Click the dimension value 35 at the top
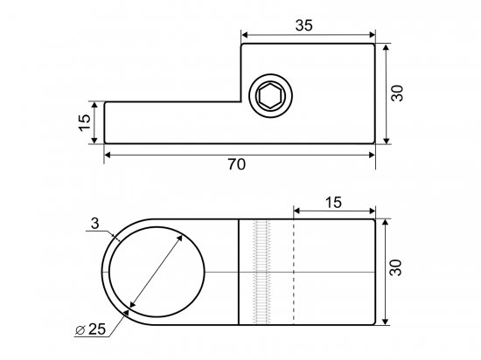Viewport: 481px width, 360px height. pos(304,25)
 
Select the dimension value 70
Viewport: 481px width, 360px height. pos(236,164)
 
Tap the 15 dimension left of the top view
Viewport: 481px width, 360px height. pos(85,122)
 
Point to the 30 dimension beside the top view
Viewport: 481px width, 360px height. pos(397,93)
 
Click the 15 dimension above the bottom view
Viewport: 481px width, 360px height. pos(333,203)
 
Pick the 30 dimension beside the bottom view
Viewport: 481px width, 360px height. pos(395,267)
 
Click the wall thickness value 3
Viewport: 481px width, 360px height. pos(95,224)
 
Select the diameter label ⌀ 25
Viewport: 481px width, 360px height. pos(90,329)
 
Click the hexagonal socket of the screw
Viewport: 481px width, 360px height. pos(270,95)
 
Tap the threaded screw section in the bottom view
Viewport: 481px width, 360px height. pos(261,272)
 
